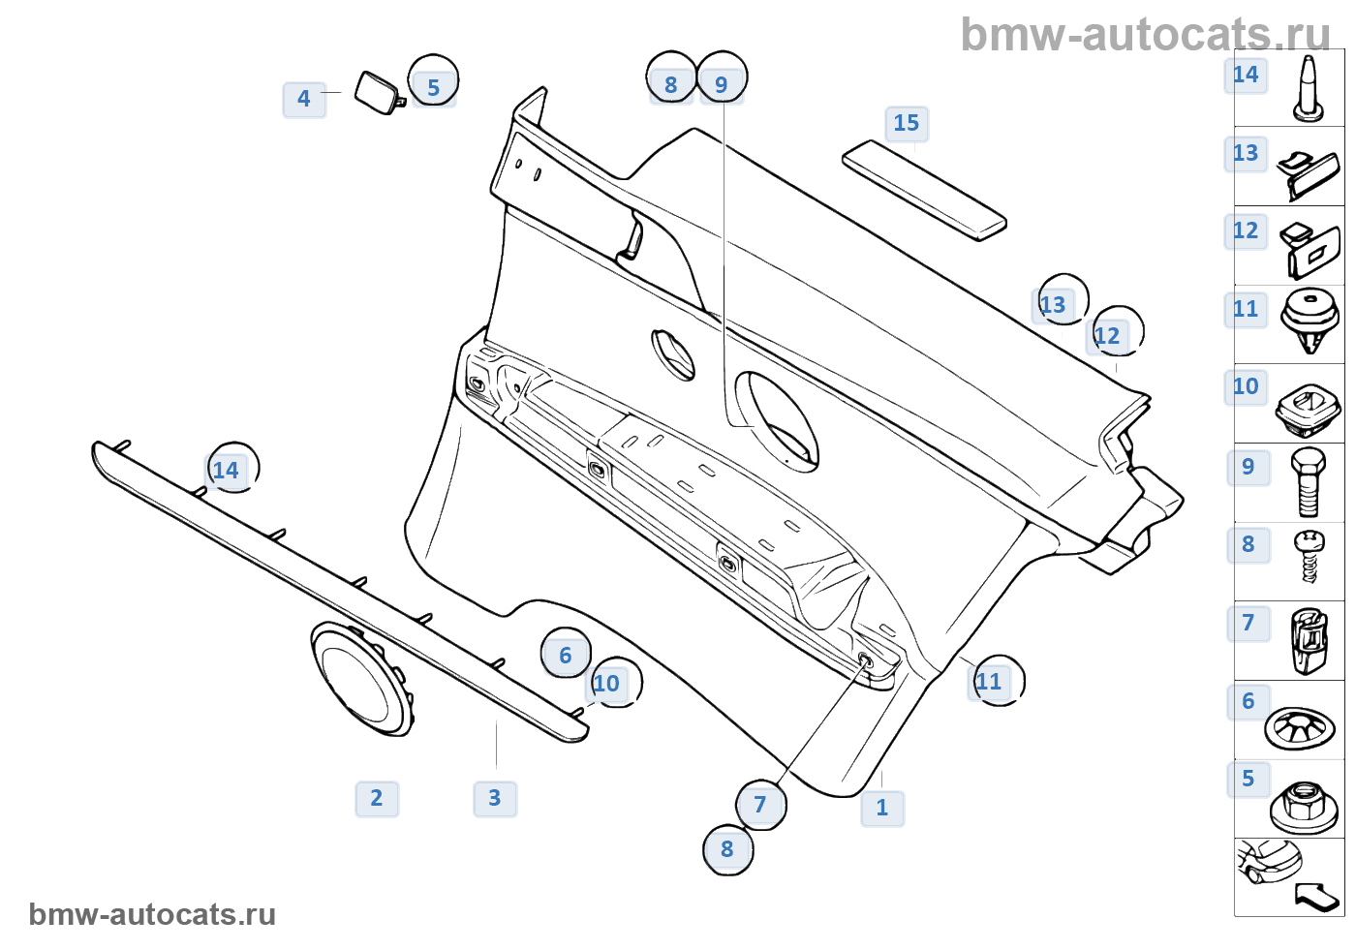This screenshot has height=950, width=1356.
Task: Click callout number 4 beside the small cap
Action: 304,99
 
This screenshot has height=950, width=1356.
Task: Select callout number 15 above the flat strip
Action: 907,124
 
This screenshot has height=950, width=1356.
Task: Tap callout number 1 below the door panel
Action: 882,808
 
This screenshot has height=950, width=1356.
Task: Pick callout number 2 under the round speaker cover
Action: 377,799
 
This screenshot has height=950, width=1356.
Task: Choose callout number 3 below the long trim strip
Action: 495,799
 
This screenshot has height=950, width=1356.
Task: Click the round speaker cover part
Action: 360,679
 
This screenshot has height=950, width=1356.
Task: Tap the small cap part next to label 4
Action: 379,92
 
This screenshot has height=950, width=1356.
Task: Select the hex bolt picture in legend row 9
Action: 1308,483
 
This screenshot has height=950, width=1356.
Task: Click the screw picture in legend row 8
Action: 1309,555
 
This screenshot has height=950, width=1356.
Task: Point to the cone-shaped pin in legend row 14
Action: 1309,89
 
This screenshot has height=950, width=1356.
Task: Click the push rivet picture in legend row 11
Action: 1310,320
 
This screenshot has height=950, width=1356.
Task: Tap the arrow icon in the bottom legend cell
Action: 1316,896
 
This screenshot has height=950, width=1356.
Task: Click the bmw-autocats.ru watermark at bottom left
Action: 152,915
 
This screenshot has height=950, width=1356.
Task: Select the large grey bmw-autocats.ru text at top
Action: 1145,35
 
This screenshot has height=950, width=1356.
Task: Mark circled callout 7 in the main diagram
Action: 760,805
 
